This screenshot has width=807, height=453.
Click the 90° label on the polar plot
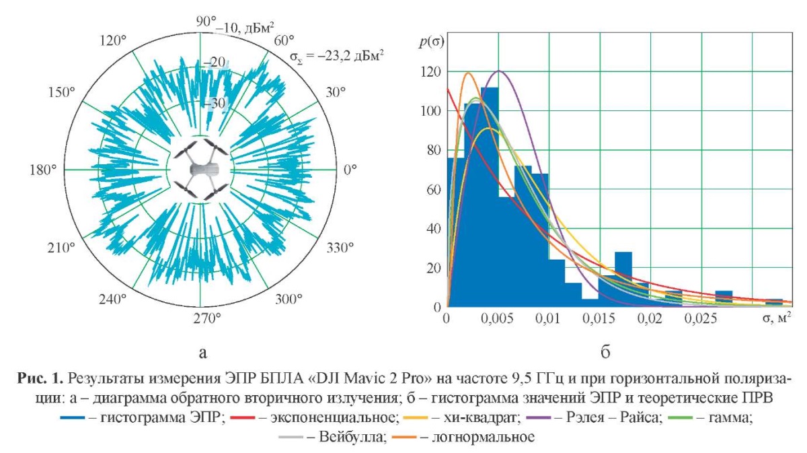coord(204,22)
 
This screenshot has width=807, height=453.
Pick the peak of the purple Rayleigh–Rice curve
coord(499,71)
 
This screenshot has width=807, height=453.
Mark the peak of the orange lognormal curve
coord(468,73)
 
